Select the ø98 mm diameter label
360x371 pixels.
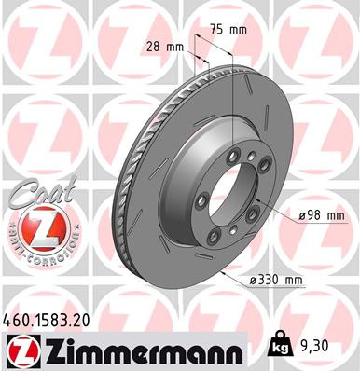pyautogui.click(x=322, y=215)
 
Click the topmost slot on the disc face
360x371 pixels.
pyautogui.click(x=215, y=75)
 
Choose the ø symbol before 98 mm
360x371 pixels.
pyautogui.click(x=304, y=215)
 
